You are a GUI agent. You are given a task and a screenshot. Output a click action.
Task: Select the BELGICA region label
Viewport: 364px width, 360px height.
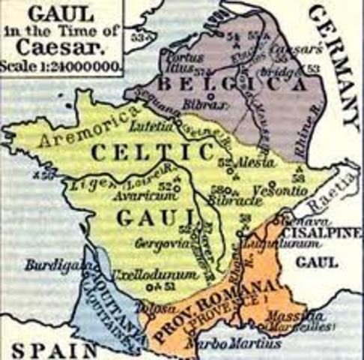[x=220, y=86]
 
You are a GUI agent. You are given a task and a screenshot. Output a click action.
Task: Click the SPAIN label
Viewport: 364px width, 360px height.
[x=46, y=349]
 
